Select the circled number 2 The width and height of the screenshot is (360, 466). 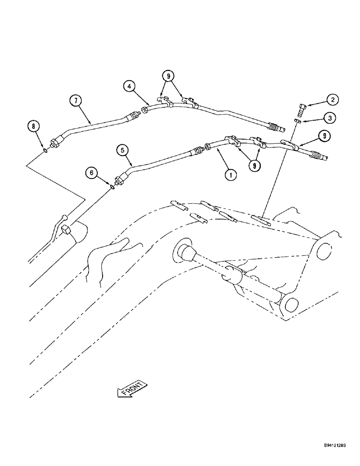coord(332,100)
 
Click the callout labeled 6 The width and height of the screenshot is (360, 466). coord(92,173)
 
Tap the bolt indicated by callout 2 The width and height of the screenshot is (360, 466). coord(300,110)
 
